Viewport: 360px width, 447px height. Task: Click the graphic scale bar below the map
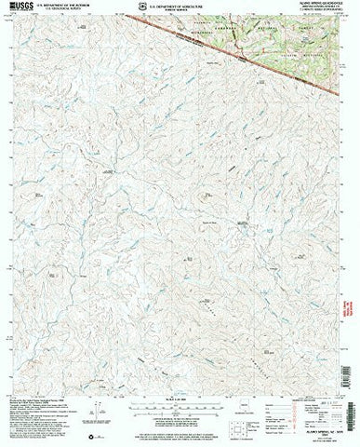180,411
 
